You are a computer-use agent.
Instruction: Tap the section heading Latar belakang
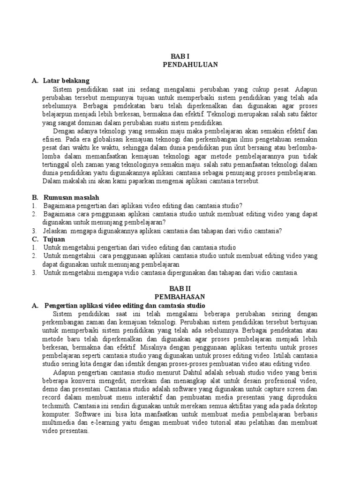[66, 81]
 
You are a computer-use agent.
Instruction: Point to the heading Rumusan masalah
[71, 197]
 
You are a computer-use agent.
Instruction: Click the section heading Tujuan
[54, 239]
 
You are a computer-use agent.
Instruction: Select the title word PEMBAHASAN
[180, 297]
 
